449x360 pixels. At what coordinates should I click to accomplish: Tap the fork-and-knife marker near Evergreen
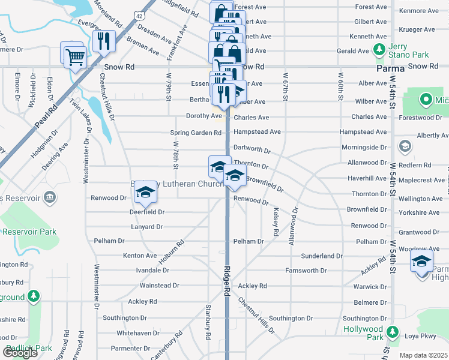click(105, 41)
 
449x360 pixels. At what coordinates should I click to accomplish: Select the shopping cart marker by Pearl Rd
click(74, 58)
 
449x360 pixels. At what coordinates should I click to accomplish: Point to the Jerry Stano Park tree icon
click(379, 49)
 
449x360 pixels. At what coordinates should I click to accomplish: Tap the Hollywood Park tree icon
click(393, 331)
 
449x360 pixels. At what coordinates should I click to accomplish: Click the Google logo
click(20, 353)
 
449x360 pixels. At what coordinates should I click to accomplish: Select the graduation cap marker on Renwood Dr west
click(145, 192)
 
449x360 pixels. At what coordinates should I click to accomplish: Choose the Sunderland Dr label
click(322, 256)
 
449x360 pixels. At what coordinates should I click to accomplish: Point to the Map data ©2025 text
click(423, 355)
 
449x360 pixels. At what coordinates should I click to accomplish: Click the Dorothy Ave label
click(204, 116)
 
